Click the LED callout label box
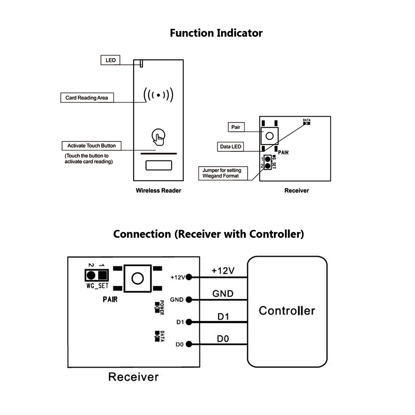click(110, 60)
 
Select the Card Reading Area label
click(86, 98)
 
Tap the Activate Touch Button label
click(91, 146)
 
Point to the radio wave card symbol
click(158, 95)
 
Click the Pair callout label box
click(236, 127)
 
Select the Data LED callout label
click(230, 146)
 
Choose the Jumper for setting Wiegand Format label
click(225, 173)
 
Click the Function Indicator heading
click(216, 33)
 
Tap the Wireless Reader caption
click(159, 191)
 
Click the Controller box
click(287, 311)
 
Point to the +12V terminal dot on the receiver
click(189, 277)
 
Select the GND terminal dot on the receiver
click(189, 299)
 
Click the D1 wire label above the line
click(223, 317)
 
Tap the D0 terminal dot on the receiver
click(189, 344)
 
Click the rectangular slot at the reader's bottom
click(158, 166)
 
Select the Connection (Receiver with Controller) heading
click(208, 234)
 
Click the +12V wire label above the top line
click(223, 271)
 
